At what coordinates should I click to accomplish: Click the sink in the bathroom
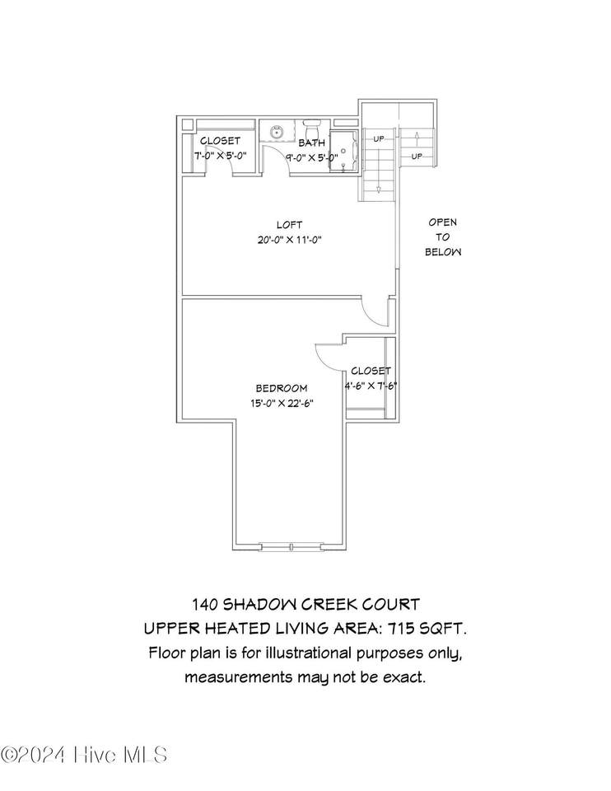(x=276, y=132)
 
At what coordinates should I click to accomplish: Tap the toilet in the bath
(x=311, y=125)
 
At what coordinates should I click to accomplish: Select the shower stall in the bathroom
(x=344, y=152)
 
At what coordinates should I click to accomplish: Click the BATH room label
(x=311, y=143)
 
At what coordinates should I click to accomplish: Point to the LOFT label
(x=289, y=225)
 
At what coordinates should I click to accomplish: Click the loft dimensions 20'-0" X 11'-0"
(x=289, y=240)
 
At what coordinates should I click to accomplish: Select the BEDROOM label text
(x=282, y=388)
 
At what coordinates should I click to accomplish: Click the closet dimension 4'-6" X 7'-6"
(x=371, y=386)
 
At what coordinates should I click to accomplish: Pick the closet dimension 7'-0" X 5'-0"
(x=221, y=156)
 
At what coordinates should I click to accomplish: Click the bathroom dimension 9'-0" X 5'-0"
(x=311, y=157)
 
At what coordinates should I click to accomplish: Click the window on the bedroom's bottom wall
(x=292, y=547)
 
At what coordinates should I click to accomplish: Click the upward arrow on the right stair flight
(x=417, y=138)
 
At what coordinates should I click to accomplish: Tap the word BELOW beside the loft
(x=443, y=252)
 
